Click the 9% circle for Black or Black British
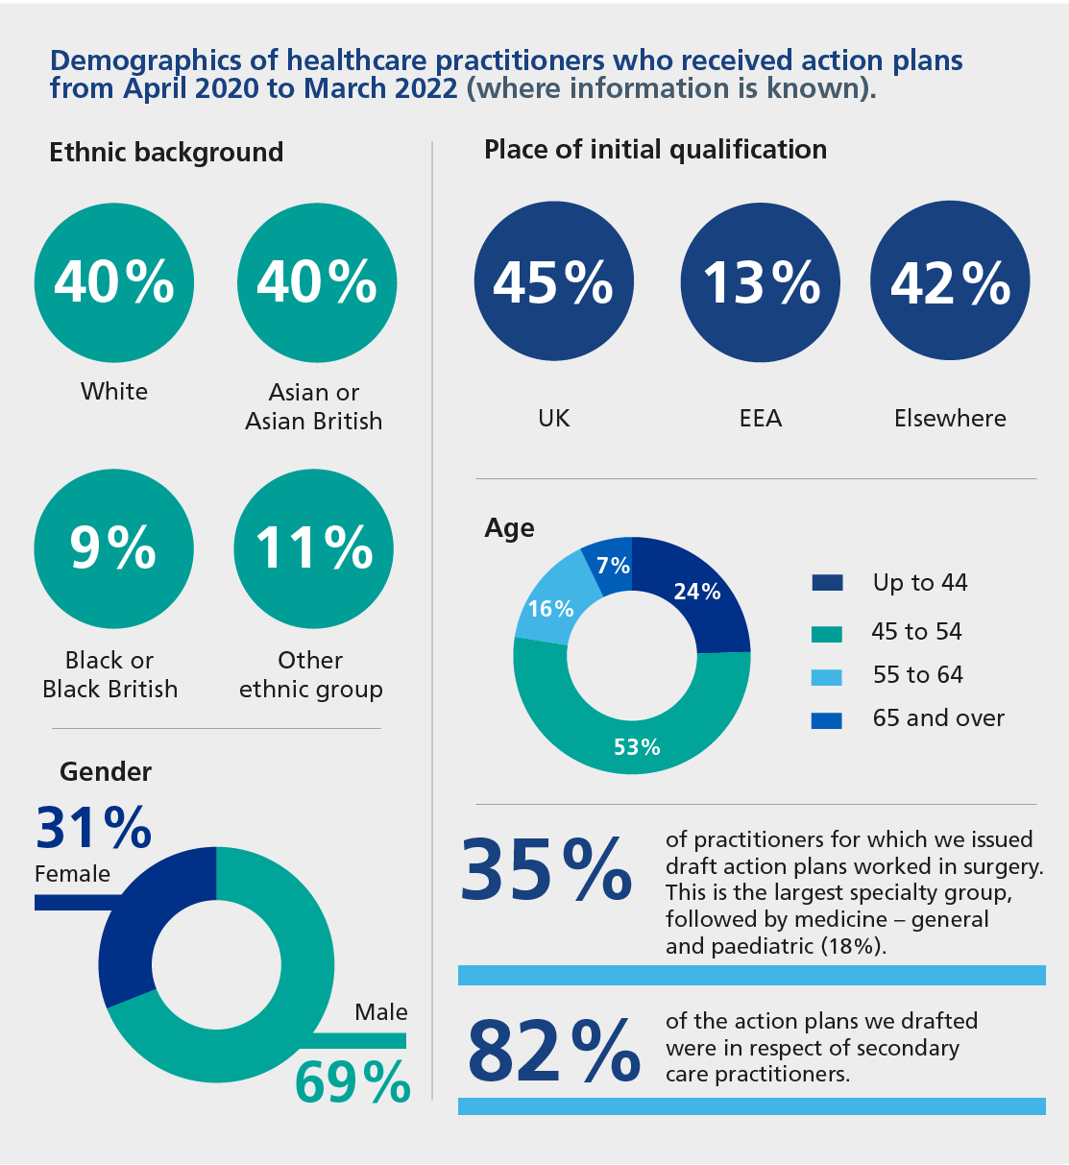pyautogui.click(x=113, y=548)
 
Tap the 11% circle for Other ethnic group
pyautogui.click(x=313, y=548)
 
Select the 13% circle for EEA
pyautogui.click(x=760, y=282)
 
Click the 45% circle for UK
pyautogui.click(x=553, y=282)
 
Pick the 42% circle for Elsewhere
pyautogui.click(x=950, y=282)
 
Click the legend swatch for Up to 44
pyautogui.click(x=826, y=583)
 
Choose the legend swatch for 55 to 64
pyautogui.click(x=826, y=676)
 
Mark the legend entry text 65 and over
pyautogui.click(x=937, y=718)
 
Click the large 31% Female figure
pyautogui.click(x=94, y=827)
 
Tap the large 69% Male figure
pyautogui.click(x=352, y=1081)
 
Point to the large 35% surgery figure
pyautogui.click(x=547, y=870)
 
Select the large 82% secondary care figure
pyautogui.click(x=553, y=1051)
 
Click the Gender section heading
pyautogui.click(x=106, y=772)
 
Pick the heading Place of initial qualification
pyautogui.click(x=655, y=150)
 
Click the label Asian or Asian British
pyautogui.click(x=313, y=406)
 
